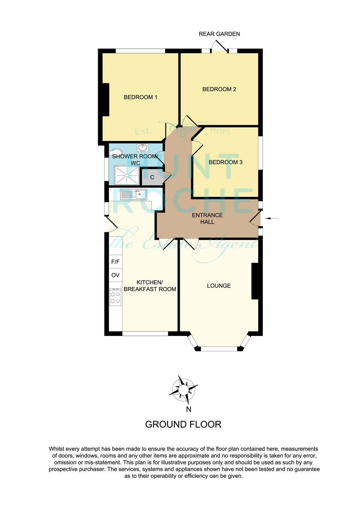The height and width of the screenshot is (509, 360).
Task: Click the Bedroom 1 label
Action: pos(140,97)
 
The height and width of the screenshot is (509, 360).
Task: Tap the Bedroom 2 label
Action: pos(219,89)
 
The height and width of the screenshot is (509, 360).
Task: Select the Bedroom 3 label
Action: pos(225,162)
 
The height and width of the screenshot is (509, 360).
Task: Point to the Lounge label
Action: pos(219,286)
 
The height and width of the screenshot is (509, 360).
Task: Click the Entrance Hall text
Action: pos(208,218)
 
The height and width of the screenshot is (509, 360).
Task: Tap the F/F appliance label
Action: pos(115,262)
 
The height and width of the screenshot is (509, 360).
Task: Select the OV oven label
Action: pos(115,275)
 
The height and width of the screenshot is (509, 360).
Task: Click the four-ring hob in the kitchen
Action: pos(116,297)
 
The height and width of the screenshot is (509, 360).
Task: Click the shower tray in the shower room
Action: pos(127,175)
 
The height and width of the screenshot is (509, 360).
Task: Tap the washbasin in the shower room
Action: pos(143,148)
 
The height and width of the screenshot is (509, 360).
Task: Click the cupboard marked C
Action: pos(152,177)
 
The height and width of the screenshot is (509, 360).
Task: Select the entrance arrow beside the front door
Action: pos(272,218)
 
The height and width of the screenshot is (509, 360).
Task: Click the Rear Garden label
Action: pos(219,34)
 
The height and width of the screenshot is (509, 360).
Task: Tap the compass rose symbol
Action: pos(183,390)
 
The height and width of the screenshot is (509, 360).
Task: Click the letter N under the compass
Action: pos(188,409)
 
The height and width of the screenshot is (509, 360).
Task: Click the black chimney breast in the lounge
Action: pos(255,281)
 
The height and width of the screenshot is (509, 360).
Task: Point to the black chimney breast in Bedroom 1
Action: pos(106,100)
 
